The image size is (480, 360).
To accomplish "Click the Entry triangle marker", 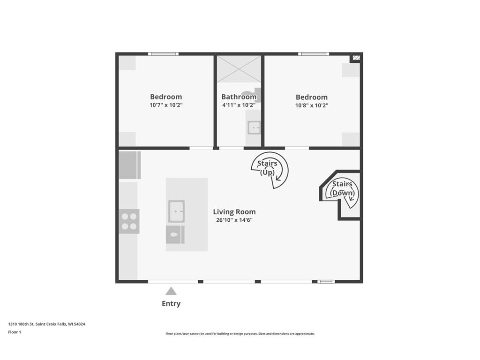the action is [x=171, y=291].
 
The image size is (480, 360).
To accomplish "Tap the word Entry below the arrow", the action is [x=171, y=303].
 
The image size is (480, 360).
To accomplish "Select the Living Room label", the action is [x=234, y=212].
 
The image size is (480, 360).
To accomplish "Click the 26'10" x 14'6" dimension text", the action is [x=234, y=220].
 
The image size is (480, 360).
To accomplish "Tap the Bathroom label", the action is [x=239, y=97].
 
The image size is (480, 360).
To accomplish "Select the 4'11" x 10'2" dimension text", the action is [x=239, y=105].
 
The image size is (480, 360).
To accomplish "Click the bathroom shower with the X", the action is [x=239, y=69].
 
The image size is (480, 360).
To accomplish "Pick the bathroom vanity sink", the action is [x=254, y=127].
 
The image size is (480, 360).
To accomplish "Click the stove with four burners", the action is [x=129, y=221].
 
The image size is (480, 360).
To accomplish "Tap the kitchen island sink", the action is [x=176, y=211].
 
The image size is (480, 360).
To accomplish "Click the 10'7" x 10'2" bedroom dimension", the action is [x=166, y=105].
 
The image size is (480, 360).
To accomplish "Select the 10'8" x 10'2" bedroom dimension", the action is [x=312, y=105].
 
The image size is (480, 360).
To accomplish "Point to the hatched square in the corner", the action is [x=356, y=58].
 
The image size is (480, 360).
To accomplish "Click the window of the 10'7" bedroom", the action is [x=163, y=54].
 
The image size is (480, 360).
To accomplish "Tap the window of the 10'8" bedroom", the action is [x=314, y=54].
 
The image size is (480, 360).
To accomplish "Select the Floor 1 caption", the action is [x=15, y=332].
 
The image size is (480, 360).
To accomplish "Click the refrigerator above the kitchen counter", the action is [x=130, y=165].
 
